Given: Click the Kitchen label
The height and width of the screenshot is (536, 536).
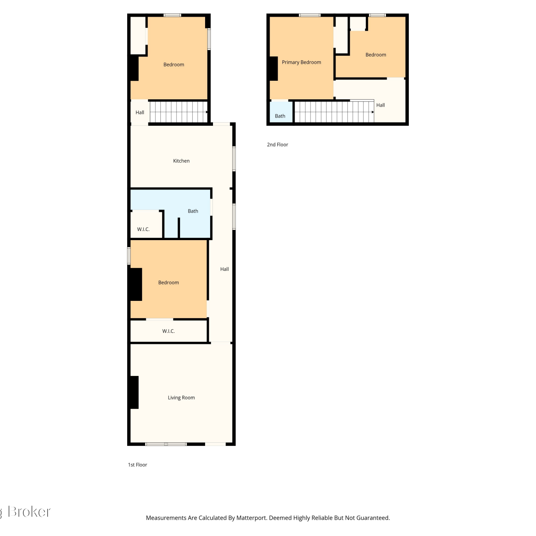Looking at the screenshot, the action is (181, 161).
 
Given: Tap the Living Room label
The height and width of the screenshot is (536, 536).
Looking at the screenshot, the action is (181, 398).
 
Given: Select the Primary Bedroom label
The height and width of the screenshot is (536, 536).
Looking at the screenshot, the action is (301, 62).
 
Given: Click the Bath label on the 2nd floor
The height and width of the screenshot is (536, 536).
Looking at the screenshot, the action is (280, 116).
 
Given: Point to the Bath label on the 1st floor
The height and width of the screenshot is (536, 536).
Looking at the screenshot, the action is (193, 211).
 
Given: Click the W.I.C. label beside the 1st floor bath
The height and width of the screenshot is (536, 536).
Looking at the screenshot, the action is (143, 229).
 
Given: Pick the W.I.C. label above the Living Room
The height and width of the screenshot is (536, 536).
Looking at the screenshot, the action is (168, 331).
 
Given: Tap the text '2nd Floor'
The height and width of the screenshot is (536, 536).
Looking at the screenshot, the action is (277, 145).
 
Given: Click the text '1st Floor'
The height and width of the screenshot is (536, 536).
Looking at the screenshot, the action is (138, 465).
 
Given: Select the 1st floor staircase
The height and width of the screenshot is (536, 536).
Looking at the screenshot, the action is (179, 112).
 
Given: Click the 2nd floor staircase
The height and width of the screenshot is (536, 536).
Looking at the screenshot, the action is (334, 112).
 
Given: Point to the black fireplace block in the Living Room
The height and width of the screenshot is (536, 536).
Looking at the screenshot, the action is (134, 392).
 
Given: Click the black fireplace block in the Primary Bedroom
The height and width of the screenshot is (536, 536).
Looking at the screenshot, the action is (273, 69).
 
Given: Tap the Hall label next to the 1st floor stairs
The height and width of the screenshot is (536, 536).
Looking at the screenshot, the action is (140, 113).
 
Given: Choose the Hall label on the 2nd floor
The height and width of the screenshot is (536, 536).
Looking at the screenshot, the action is (381, 105).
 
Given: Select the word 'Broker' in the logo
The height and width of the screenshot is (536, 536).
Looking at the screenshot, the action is (29, 512).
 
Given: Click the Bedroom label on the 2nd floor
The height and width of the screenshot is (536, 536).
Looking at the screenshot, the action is (376, 55).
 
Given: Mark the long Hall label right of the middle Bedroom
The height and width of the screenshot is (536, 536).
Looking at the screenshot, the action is (224, 269).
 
